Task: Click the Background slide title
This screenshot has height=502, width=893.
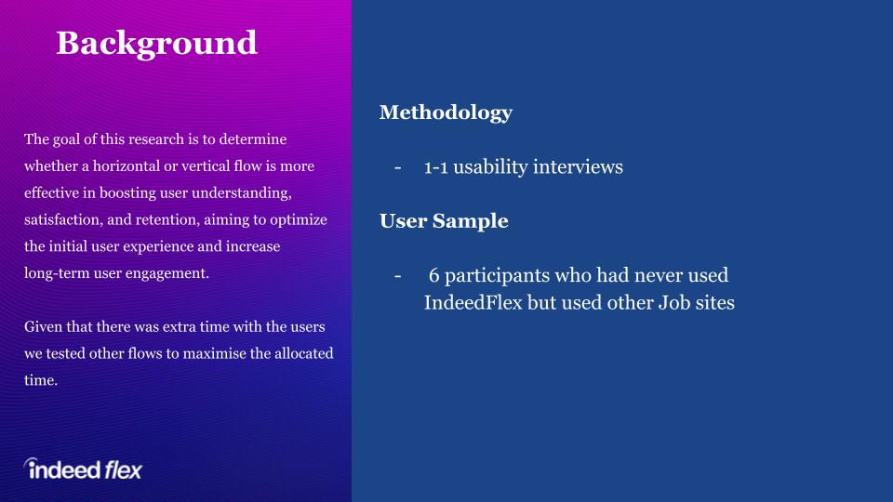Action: pyautogui.click(x=156, y=44)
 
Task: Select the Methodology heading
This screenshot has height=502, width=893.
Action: pyautogui.click(x=446, y=112)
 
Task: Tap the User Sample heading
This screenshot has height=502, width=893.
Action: pyautogui.click(x=444, y=221)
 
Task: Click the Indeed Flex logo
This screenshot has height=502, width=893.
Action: pyautogui.click(x=83, y=469)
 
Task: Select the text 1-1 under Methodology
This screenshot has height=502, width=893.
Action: pyautogui.click(x=435, y=167)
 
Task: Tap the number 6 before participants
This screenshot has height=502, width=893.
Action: pyautogui.click(x=434, y=275)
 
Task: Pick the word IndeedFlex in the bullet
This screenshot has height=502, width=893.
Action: pyautogui.click(x=473, y=302)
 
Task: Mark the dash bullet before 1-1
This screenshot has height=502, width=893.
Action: pyautogui.click(x=397, y=168)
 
